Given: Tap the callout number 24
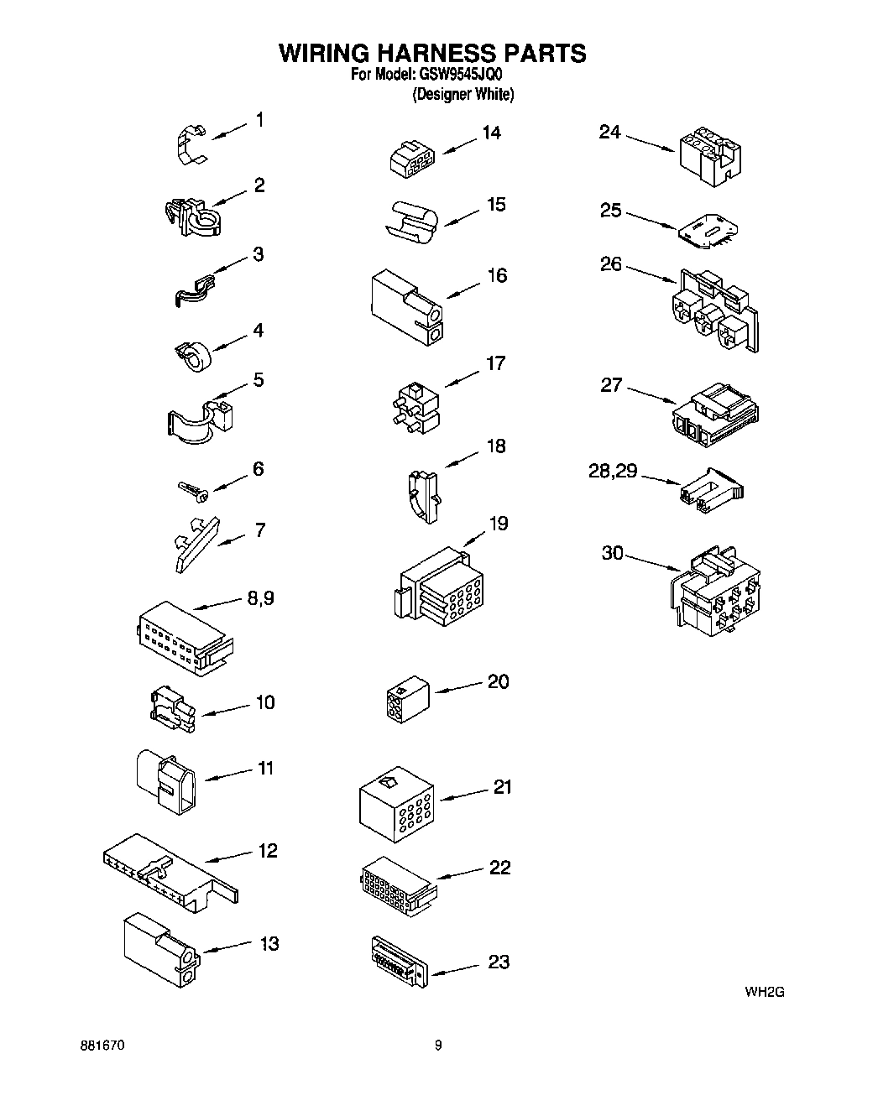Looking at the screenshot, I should (x=610, y=132).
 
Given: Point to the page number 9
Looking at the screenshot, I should (x=438, y=1046).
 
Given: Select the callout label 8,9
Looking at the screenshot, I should (x=259, y=598).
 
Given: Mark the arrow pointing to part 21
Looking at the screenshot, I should (x=464, y=793).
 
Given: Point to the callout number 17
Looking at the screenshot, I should (x=496, y=363).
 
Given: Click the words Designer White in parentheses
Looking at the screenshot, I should (x=463, y=95).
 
